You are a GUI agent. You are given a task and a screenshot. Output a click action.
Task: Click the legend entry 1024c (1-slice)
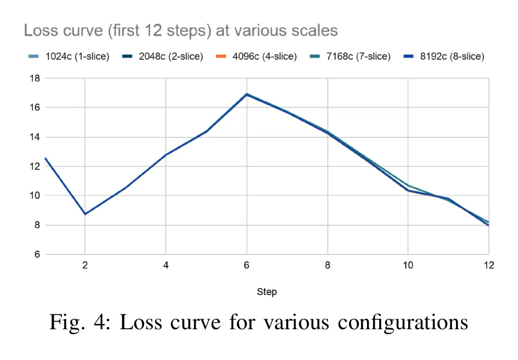(x=69, y=57)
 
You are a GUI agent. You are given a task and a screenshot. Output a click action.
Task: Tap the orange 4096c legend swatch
(x=221, y=57)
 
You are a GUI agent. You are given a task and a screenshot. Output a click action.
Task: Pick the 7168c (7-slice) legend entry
(x=350, y=57)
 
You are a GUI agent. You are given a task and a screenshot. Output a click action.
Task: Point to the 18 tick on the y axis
(x=35, y=79)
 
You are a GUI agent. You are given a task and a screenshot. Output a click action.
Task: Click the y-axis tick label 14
(x=35, y=137)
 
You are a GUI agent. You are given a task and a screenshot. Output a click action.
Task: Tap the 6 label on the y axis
(x=37, y=254)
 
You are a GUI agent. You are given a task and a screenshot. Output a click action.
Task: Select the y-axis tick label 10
(x=35, y=196)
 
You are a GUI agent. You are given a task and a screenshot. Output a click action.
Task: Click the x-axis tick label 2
(x=85, y=265)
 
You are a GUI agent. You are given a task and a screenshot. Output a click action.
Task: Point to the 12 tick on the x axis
(x=489, y=265)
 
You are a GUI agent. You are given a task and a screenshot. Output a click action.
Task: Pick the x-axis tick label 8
(x=327, y=265)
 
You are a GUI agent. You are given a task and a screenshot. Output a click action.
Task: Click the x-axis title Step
(x=267, y=291)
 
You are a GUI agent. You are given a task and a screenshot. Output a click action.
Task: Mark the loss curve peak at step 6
(x=247, y=94)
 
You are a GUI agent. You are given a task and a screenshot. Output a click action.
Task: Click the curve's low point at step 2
(x=85, y=214)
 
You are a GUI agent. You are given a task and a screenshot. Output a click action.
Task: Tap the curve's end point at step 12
(x=488, y=225)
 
